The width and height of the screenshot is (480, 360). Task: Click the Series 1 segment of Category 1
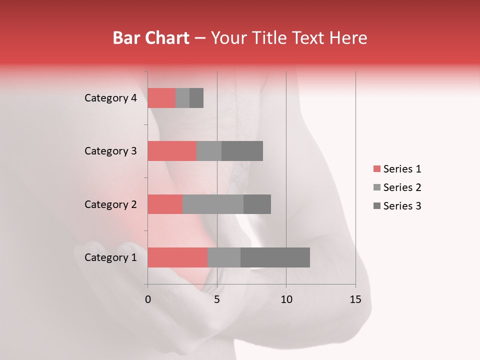(177, 257)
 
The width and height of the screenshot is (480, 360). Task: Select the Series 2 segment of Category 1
(224, 257)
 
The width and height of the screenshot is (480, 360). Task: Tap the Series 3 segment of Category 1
(275, 257)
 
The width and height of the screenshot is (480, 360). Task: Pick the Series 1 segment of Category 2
(165, 204)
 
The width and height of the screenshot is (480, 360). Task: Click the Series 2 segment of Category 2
(213, 204)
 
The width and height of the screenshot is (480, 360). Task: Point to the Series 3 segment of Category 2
(257, 204)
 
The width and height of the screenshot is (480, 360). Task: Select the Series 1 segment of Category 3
(172, 151)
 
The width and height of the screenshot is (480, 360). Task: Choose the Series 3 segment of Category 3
(242, 151)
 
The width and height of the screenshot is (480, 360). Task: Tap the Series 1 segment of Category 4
(161, 98)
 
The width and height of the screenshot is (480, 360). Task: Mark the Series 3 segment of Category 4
(196, 98)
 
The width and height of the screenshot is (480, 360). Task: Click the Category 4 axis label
(110, 98)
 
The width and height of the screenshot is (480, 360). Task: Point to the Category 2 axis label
(110, 204)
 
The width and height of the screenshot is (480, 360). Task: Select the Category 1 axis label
(110, 257)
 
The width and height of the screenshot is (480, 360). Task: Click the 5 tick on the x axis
(217, 300)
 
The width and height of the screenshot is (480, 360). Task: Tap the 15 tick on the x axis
(355, 300)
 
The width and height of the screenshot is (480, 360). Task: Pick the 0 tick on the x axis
(148, 300)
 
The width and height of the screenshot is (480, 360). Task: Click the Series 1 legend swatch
(376, 169)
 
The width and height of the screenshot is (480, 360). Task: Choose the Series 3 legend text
(402, 206)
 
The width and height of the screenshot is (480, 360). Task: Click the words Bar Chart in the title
(151, 38)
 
